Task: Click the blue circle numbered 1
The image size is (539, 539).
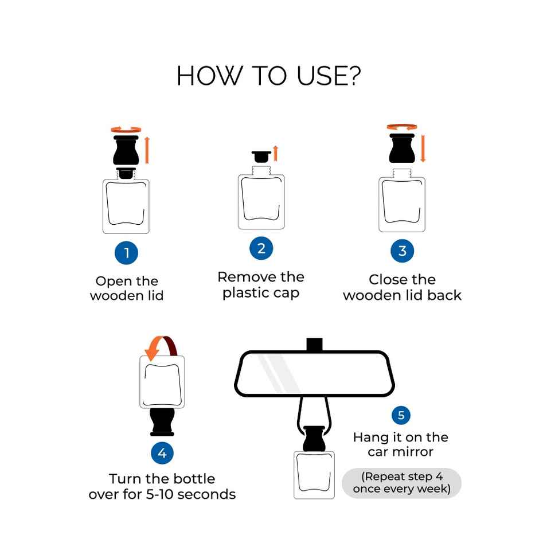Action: pos(126,253)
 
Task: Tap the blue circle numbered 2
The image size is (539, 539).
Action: pos(261,248)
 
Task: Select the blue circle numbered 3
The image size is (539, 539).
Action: pos(402,251)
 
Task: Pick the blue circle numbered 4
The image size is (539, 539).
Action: pos(162,453)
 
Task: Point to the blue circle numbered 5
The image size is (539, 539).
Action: pos(401,415)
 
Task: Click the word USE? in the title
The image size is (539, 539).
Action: pos(329,76)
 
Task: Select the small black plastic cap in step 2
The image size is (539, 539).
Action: pos(261,157)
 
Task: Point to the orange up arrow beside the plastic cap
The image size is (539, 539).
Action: pos(275,153)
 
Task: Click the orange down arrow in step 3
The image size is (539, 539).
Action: pos(423,148)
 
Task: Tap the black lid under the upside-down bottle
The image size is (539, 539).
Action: pos(162,422)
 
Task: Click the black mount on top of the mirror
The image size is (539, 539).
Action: pos(314,345)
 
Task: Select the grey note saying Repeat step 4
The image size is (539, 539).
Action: pos(401,483)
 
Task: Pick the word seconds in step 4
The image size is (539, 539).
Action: pos(206,494)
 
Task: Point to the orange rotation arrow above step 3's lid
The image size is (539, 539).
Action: pos(402,127)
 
